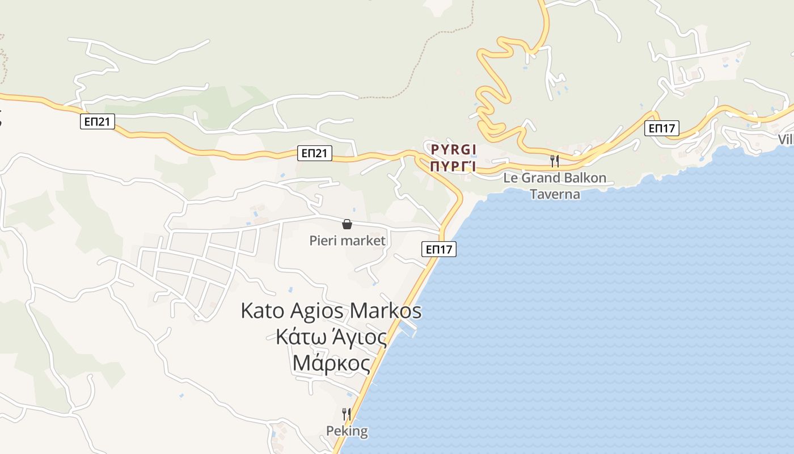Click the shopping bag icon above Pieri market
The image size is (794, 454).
(347, 224)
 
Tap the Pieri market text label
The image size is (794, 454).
(347, 241)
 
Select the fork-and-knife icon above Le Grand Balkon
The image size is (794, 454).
(555, 161)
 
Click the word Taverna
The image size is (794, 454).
(555, 194)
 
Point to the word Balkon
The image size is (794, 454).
(584, 178)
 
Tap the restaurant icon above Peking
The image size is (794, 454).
(346, 414)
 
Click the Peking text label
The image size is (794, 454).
(347, 431)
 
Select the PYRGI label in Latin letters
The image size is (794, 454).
(453, 150)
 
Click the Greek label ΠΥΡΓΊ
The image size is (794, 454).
(452, 167)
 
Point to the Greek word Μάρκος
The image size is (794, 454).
(332, 363)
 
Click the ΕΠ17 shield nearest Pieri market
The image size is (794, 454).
(439, 249)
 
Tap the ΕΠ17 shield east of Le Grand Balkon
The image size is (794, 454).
(661, 128)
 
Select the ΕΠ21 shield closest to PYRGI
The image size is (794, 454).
(314, 153)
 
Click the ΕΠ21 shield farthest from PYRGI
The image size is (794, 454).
(98, 121)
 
